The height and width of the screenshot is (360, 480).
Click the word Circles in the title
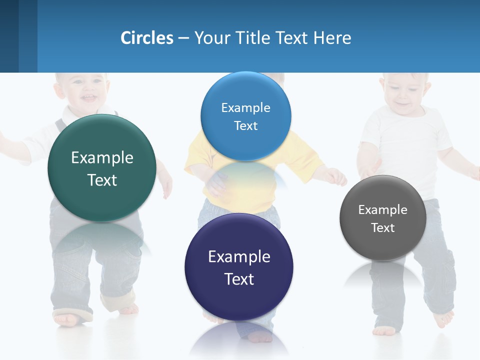click(147, 38)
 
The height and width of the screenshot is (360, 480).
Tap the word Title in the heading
click(253, 38)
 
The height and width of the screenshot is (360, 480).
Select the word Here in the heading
click(332, 38)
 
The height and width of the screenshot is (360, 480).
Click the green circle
click(102, 168)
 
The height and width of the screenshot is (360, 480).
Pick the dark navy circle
click(239, 267)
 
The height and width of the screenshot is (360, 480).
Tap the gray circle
click(383, 218)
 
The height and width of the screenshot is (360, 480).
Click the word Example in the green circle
click(102, 158)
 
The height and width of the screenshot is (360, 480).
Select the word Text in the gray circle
click(383, 228)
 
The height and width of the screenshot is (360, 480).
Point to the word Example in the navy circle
click(239, 257)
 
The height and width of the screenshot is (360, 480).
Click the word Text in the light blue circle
click(245, 126)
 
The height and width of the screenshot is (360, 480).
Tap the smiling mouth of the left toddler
click(89, 97)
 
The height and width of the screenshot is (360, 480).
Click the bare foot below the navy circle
click(259, 336)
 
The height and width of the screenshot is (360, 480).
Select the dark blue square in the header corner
click(9, 36)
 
